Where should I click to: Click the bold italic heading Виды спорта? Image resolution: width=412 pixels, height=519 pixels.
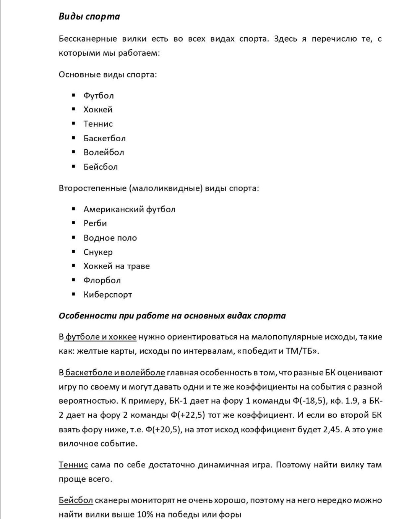89,16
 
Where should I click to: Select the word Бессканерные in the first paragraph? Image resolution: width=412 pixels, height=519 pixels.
88,39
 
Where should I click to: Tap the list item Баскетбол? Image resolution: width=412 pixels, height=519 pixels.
104,138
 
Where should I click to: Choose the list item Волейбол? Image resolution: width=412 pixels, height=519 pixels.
104,152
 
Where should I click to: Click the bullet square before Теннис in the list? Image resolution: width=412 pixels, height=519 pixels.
74,123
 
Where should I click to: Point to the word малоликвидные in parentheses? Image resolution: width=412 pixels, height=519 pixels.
165,188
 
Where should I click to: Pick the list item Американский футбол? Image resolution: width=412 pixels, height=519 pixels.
129,209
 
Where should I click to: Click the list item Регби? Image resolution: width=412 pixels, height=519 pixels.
95,223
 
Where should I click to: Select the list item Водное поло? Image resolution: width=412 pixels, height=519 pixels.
110,238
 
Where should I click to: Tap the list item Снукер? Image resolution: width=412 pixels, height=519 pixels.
98,252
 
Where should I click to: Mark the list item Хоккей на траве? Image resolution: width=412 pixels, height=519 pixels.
117,266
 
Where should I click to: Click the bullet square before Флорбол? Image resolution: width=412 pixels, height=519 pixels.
74,280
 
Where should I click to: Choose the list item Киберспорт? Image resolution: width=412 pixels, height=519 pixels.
108,294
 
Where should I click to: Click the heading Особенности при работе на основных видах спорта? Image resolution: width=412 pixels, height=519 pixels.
172,316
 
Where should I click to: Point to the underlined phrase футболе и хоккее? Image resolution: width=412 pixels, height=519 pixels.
101,337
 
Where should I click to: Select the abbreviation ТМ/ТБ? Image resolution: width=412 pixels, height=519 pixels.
299,351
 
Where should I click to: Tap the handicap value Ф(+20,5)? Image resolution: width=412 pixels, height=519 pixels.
163,430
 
